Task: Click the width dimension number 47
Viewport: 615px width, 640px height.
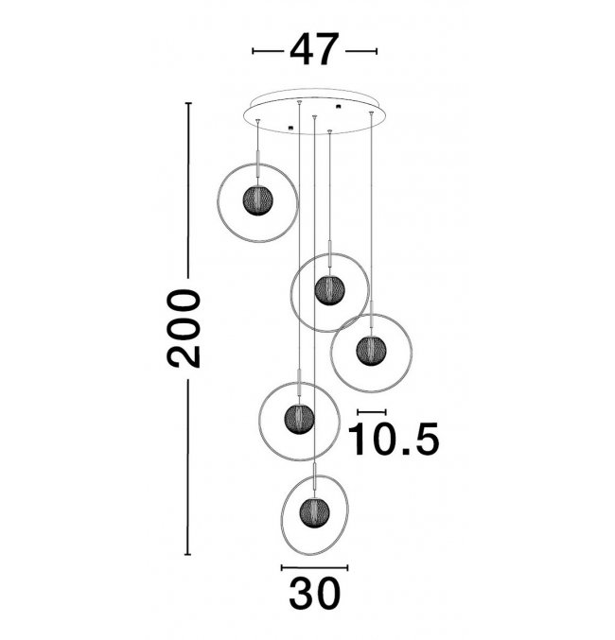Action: tap(314, 49)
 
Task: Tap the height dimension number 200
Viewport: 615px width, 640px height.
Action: tap(184, 329)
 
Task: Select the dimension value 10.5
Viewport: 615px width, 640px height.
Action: tap(393, 439)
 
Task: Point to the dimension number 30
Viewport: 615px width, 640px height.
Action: tap(314, 593)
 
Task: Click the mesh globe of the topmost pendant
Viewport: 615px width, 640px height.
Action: tap(258, 200)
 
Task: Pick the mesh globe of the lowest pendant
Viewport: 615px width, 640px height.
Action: tap(314, 512)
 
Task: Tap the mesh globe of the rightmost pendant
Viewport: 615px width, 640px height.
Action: tap(371, 351)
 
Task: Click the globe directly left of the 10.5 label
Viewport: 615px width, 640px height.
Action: tap(300, 419)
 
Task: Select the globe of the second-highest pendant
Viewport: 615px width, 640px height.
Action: tap(330, 290)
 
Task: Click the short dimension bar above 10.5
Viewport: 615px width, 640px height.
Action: tap(372, 412)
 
